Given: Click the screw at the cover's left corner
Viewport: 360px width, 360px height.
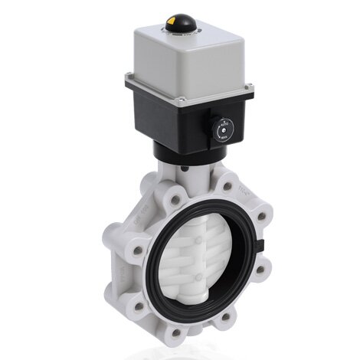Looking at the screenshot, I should [x=129, y=74].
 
